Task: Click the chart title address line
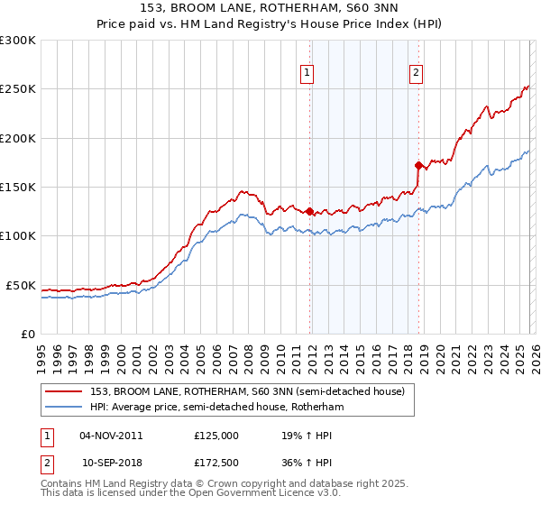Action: [x=270, y=8]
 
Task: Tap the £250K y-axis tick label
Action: [x=18, y=89]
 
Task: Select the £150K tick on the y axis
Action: [x=18, y=188]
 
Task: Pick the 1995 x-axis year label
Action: [x=41, y=352]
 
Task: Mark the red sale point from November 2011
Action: [x=309, y=212]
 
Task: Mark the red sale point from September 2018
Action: [x=418, y=165]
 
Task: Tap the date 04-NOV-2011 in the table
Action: [x=111, y=435]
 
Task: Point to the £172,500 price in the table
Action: [x=215, y=462]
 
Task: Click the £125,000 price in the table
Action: [x=215, y=435]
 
